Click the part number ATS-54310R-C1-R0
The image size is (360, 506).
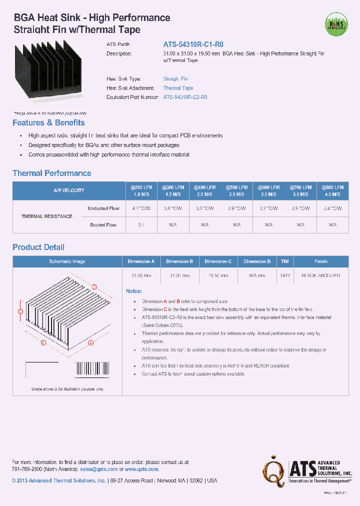(x=190, y=44)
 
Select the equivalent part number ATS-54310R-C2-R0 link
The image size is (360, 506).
(x=185, y=97)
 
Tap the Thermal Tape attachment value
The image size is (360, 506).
(x=178, y=88)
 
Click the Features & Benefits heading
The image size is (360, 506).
(x=48, y=123)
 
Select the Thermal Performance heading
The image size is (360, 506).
(x=52, y=173)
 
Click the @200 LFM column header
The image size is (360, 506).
(x=141, y=190)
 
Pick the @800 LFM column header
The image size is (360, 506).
(x=332, y=190)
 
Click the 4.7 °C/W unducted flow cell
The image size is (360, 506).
(x=141, y=208)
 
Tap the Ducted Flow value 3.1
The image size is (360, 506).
(x=141, y=225)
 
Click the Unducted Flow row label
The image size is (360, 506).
(x=103, y=208)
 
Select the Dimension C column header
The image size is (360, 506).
(x=218, y=261)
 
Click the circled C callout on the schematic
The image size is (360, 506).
(x=20, y=311)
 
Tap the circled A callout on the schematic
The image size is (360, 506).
(x=91, y=343)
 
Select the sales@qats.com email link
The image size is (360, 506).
(x=98, y=469)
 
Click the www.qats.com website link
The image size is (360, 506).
(x=141, y=469)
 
